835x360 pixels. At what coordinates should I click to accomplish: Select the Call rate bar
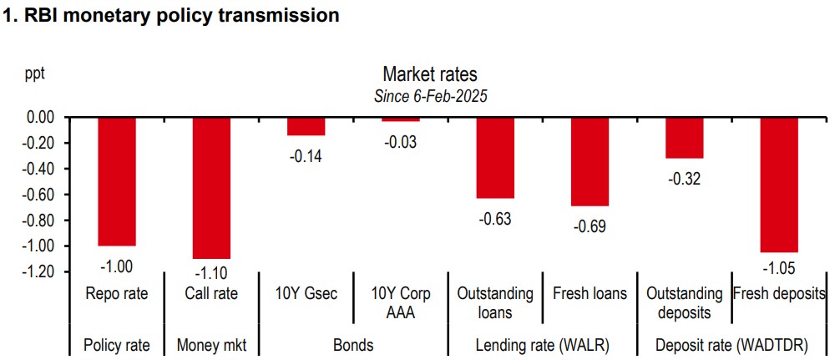212,188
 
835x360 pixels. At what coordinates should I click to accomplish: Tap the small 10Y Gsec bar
306,126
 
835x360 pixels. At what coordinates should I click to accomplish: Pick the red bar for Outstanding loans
495,158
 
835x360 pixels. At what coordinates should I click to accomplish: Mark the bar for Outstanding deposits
684,138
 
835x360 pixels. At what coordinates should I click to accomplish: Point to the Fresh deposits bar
778,185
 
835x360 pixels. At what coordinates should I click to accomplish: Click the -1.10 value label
212,272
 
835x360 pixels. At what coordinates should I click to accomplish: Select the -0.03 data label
401,142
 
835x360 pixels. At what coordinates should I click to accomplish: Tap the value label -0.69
590,226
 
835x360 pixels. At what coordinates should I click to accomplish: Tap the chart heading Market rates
430,75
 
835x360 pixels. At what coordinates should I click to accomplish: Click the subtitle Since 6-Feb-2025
430,95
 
